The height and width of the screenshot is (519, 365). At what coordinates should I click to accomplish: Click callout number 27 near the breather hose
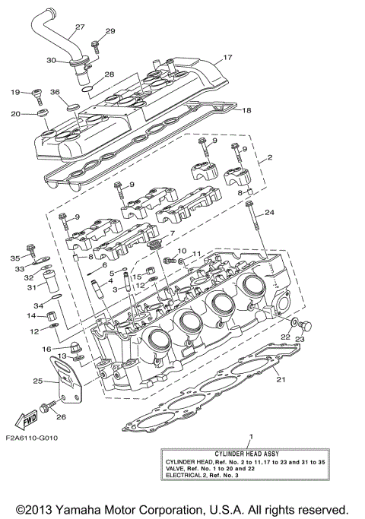point(79,29)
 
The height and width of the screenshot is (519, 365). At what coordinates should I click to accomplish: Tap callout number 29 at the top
point(110,31)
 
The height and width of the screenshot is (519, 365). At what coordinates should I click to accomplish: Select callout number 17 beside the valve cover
point(227,58)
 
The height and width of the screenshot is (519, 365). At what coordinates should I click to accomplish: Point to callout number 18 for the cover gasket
point(245,110)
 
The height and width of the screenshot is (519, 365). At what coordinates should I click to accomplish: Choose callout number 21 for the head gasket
point(280,379)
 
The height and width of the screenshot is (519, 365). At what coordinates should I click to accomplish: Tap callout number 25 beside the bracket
point(37,381)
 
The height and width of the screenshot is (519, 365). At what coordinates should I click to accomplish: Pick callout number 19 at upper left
point(14,92)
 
